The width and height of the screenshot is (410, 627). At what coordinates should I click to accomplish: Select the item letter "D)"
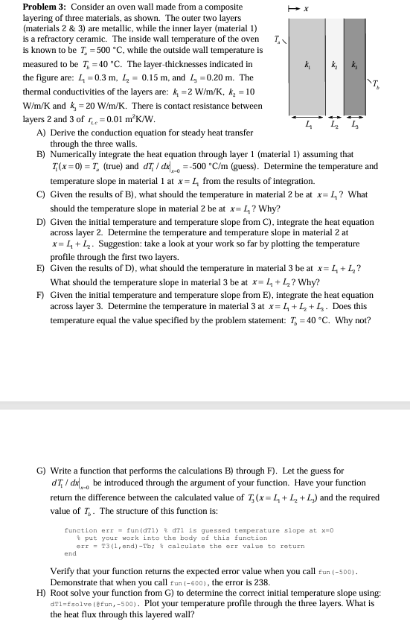[41, 222]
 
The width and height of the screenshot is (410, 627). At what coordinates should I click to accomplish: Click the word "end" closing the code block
[71, 554]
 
